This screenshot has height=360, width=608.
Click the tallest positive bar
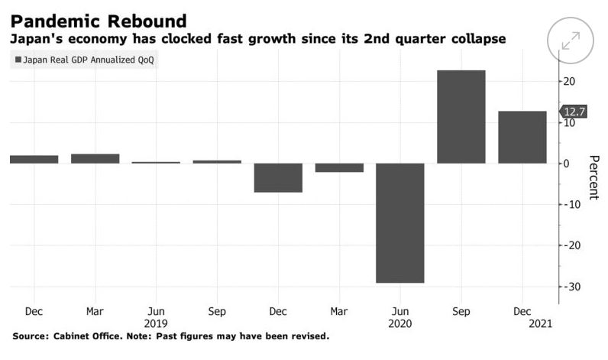click(x=461, y=116)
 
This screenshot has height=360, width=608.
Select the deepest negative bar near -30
click(x=400, y=222)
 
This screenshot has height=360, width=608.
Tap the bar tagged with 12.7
click(x=522, y=137)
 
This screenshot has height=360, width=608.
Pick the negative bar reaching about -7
click(x=278, y=177)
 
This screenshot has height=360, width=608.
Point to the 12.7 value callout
click(x=574, y=112)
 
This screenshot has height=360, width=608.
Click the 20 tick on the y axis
click(x=570, y=82)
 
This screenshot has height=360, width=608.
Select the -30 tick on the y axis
click(x=571, y=287)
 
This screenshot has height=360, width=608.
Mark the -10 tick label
click(x=571, y=204)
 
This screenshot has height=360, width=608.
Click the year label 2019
click(x=156, y=323)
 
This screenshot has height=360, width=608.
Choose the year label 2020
click(x=400, y=323)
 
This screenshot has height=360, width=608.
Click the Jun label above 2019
click(x=156, y=311)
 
